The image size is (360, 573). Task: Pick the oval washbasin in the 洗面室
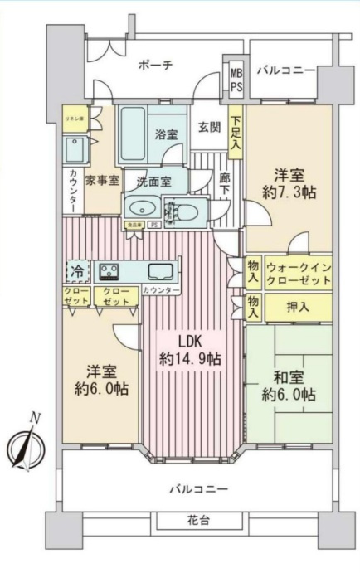coord(143,209)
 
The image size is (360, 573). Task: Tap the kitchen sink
coord(160,270)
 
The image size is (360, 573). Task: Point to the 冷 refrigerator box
coord(76,271)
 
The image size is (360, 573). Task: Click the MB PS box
coord(236,80)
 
